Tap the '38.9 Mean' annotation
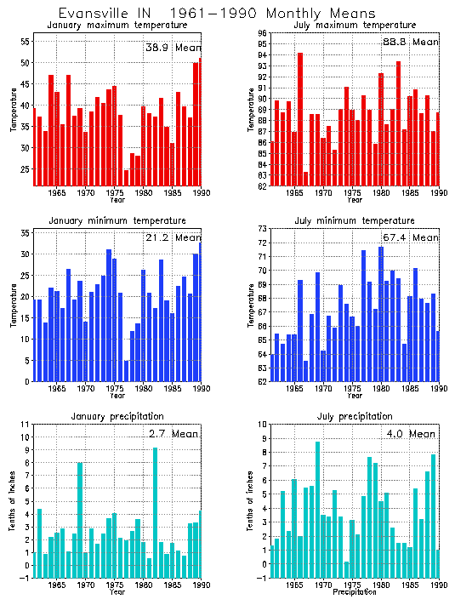[173, 47]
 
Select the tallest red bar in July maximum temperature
[300, 119]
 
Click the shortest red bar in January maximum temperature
[127, 177]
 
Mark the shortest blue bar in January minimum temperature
[127, 371]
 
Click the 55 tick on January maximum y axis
[26, 42]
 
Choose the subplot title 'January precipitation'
[117, 416]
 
